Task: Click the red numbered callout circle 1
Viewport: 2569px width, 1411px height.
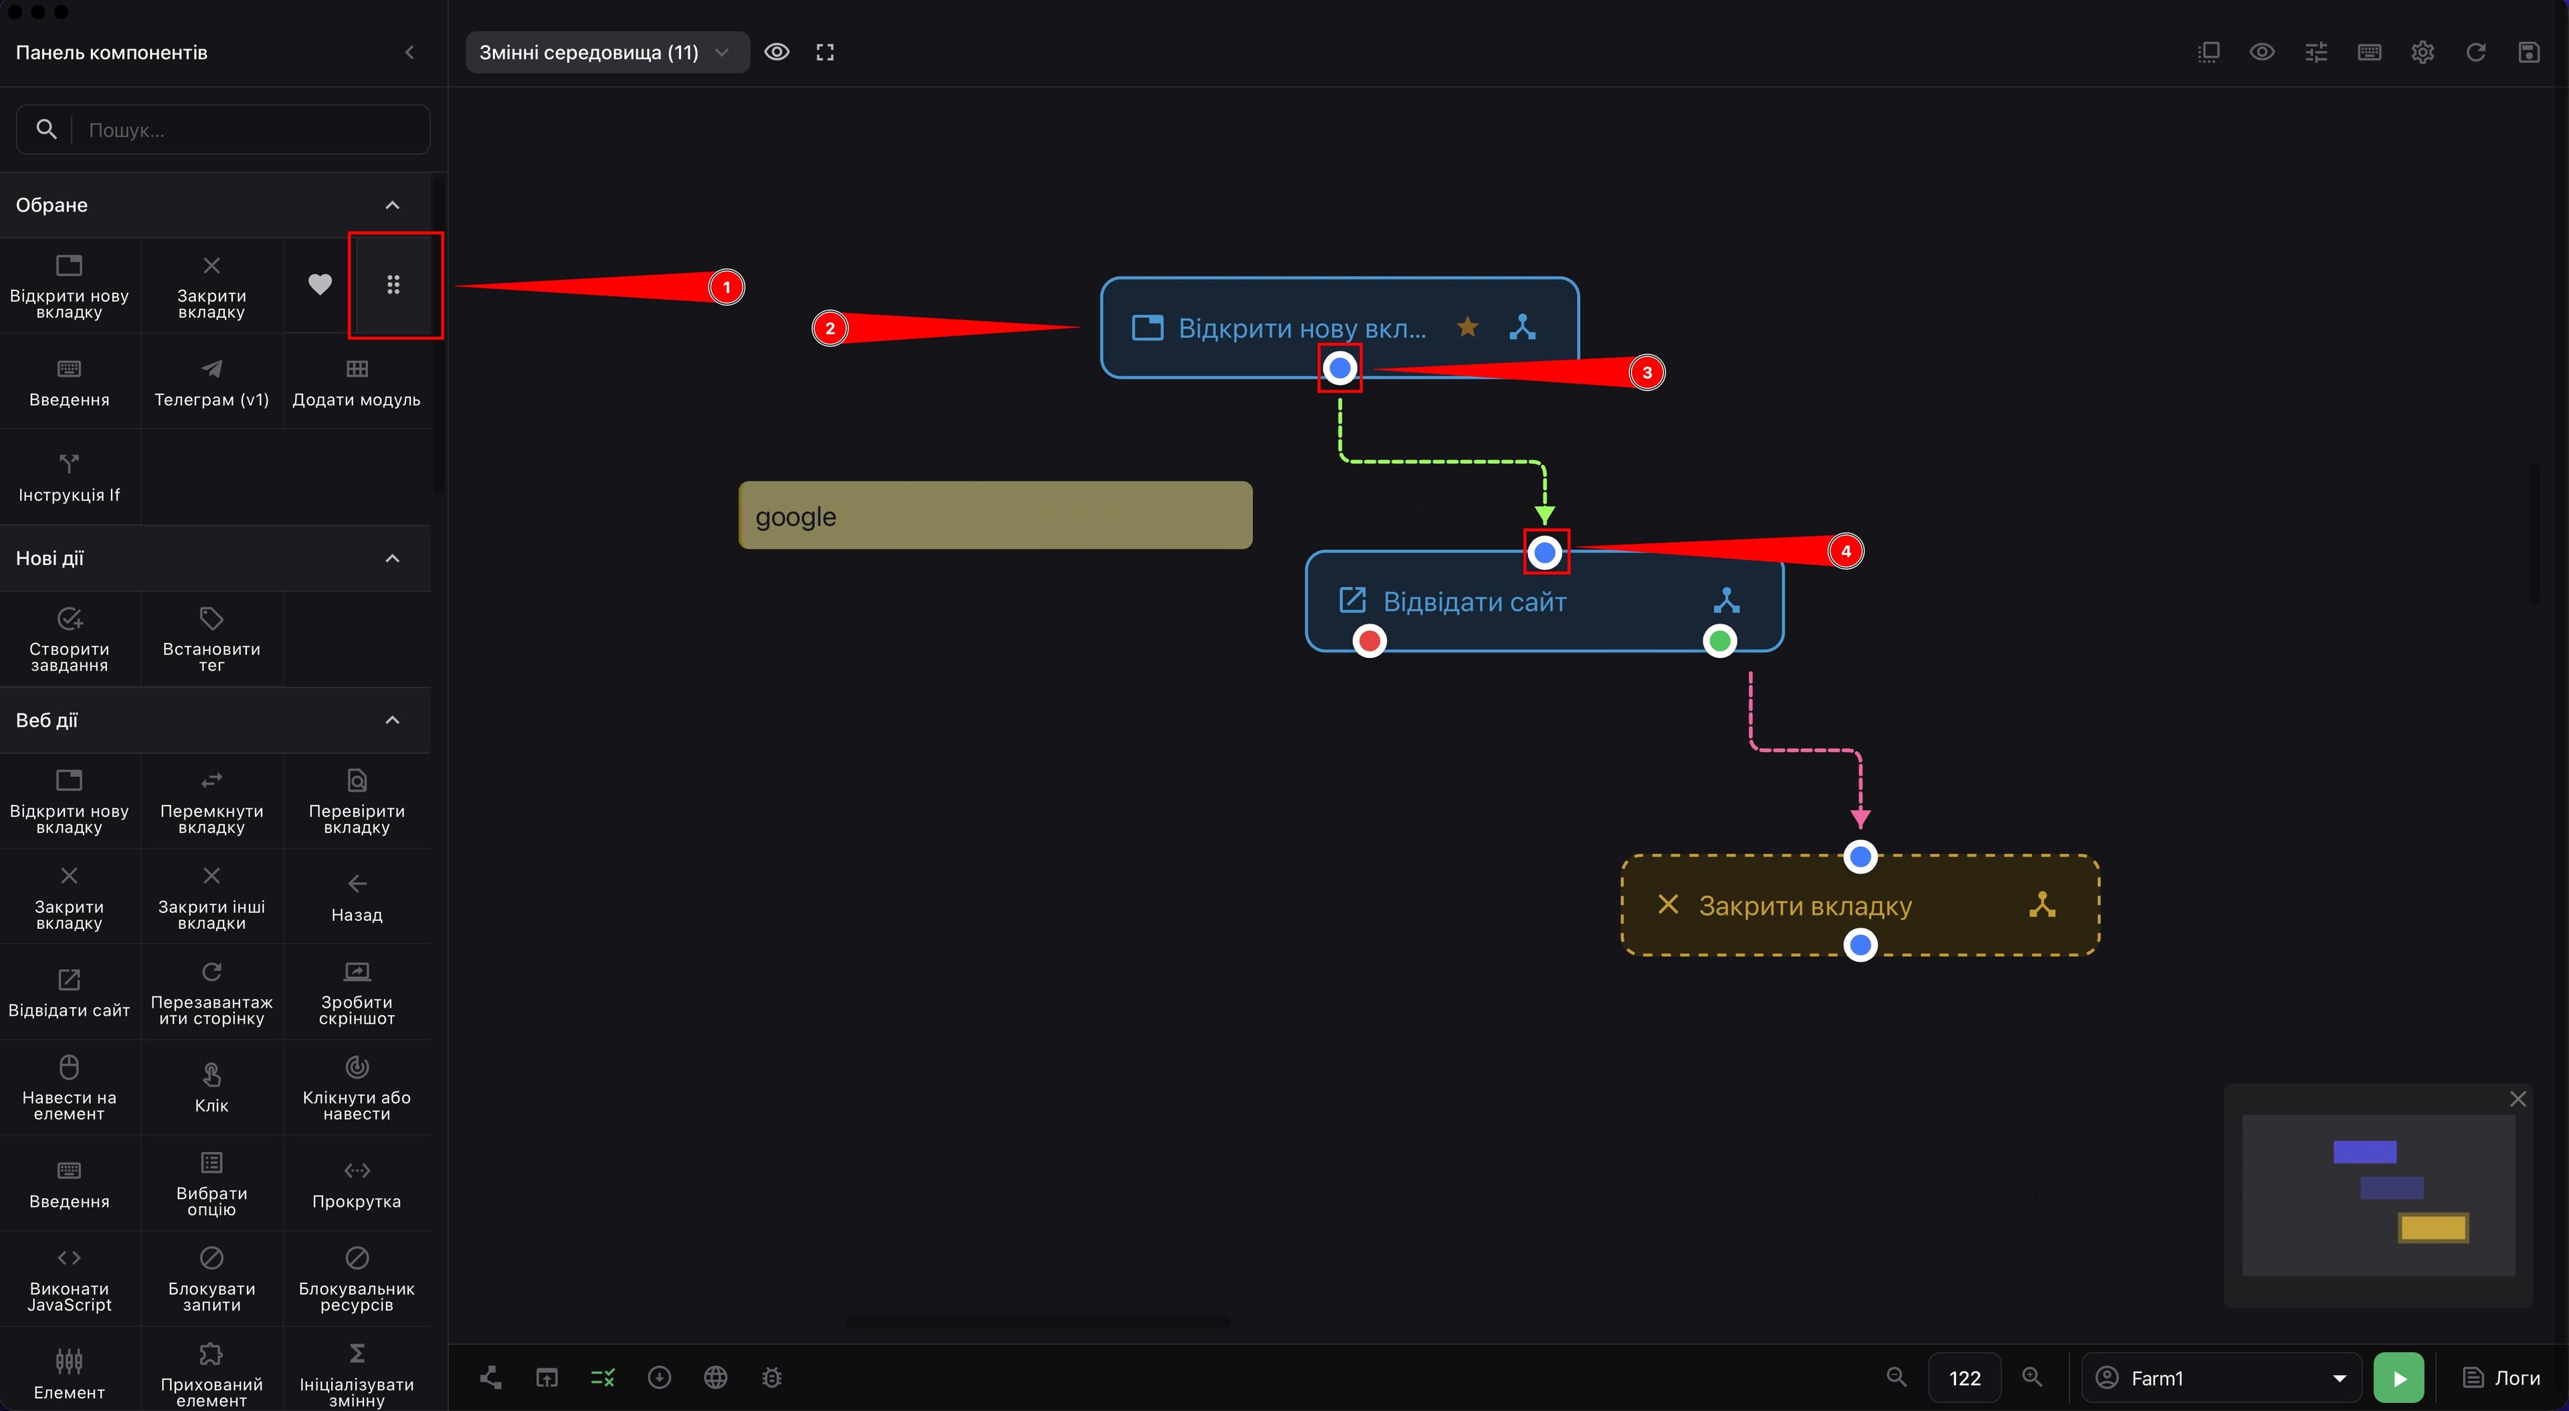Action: pyautogui.click(x=726, y=287)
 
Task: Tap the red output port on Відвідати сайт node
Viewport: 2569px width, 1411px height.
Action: pyautogui.click(x=1369, y=640)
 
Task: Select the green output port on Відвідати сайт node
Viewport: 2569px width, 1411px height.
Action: pyautogui.click(x=1719, y=640)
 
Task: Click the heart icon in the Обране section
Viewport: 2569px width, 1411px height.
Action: pyautogui.click(x=319, y=284)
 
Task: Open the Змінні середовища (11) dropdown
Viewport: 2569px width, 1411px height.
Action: pyautogui.click(x=606, y=52)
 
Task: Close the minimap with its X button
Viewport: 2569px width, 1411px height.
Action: pyautogui.click(x=2517, y=1098)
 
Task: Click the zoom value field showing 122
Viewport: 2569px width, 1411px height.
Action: pyautogui.click(x=1964, y=1378)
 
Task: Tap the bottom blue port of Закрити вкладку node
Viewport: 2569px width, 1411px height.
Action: pyautogui.click(x=1860, y=944)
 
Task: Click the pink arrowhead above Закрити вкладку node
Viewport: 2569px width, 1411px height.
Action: pyautogui.click(x=1860, y=818)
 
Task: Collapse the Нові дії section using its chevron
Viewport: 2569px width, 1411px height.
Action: pyautogui.click(x=392, y=558)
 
